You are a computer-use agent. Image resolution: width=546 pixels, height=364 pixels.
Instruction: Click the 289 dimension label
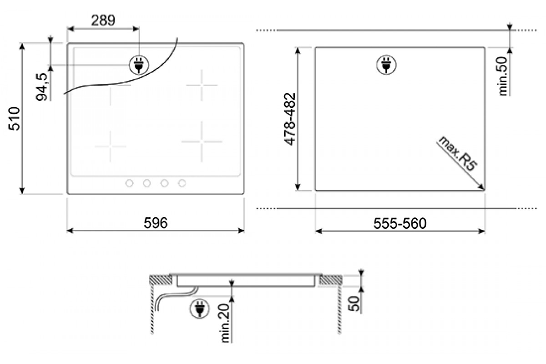click(x=103, y=20)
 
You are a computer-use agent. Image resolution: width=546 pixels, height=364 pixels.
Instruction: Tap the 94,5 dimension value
click(x=41, y=87)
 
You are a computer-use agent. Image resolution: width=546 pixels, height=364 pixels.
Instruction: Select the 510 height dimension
click(x=14, y=118)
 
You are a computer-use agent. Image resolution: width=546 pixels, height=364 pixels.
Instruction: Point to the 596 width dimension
click(x=156, y=222)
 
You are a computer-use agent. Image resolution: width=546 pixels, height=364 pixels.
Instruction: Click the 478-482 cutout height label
click(x=290, y=119)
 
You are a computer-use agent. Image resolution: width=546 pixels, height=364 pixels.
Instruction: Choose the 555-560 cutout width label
click(x=400, y=223)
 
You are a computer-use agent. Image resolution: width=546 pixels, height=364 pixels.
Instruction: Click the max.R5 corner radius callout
click(x=457, y=154)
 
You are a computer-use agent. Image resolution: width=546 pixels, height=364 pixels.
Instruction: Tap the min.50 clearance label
click(x=503, y=76)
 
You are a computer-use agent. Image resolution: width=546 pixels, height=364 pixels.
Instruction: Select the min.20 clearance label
click(x=225, y=323)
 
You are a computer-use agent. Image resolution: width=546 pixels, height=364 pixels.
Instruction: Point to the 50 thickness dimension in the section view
click(x=354, y=304)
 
